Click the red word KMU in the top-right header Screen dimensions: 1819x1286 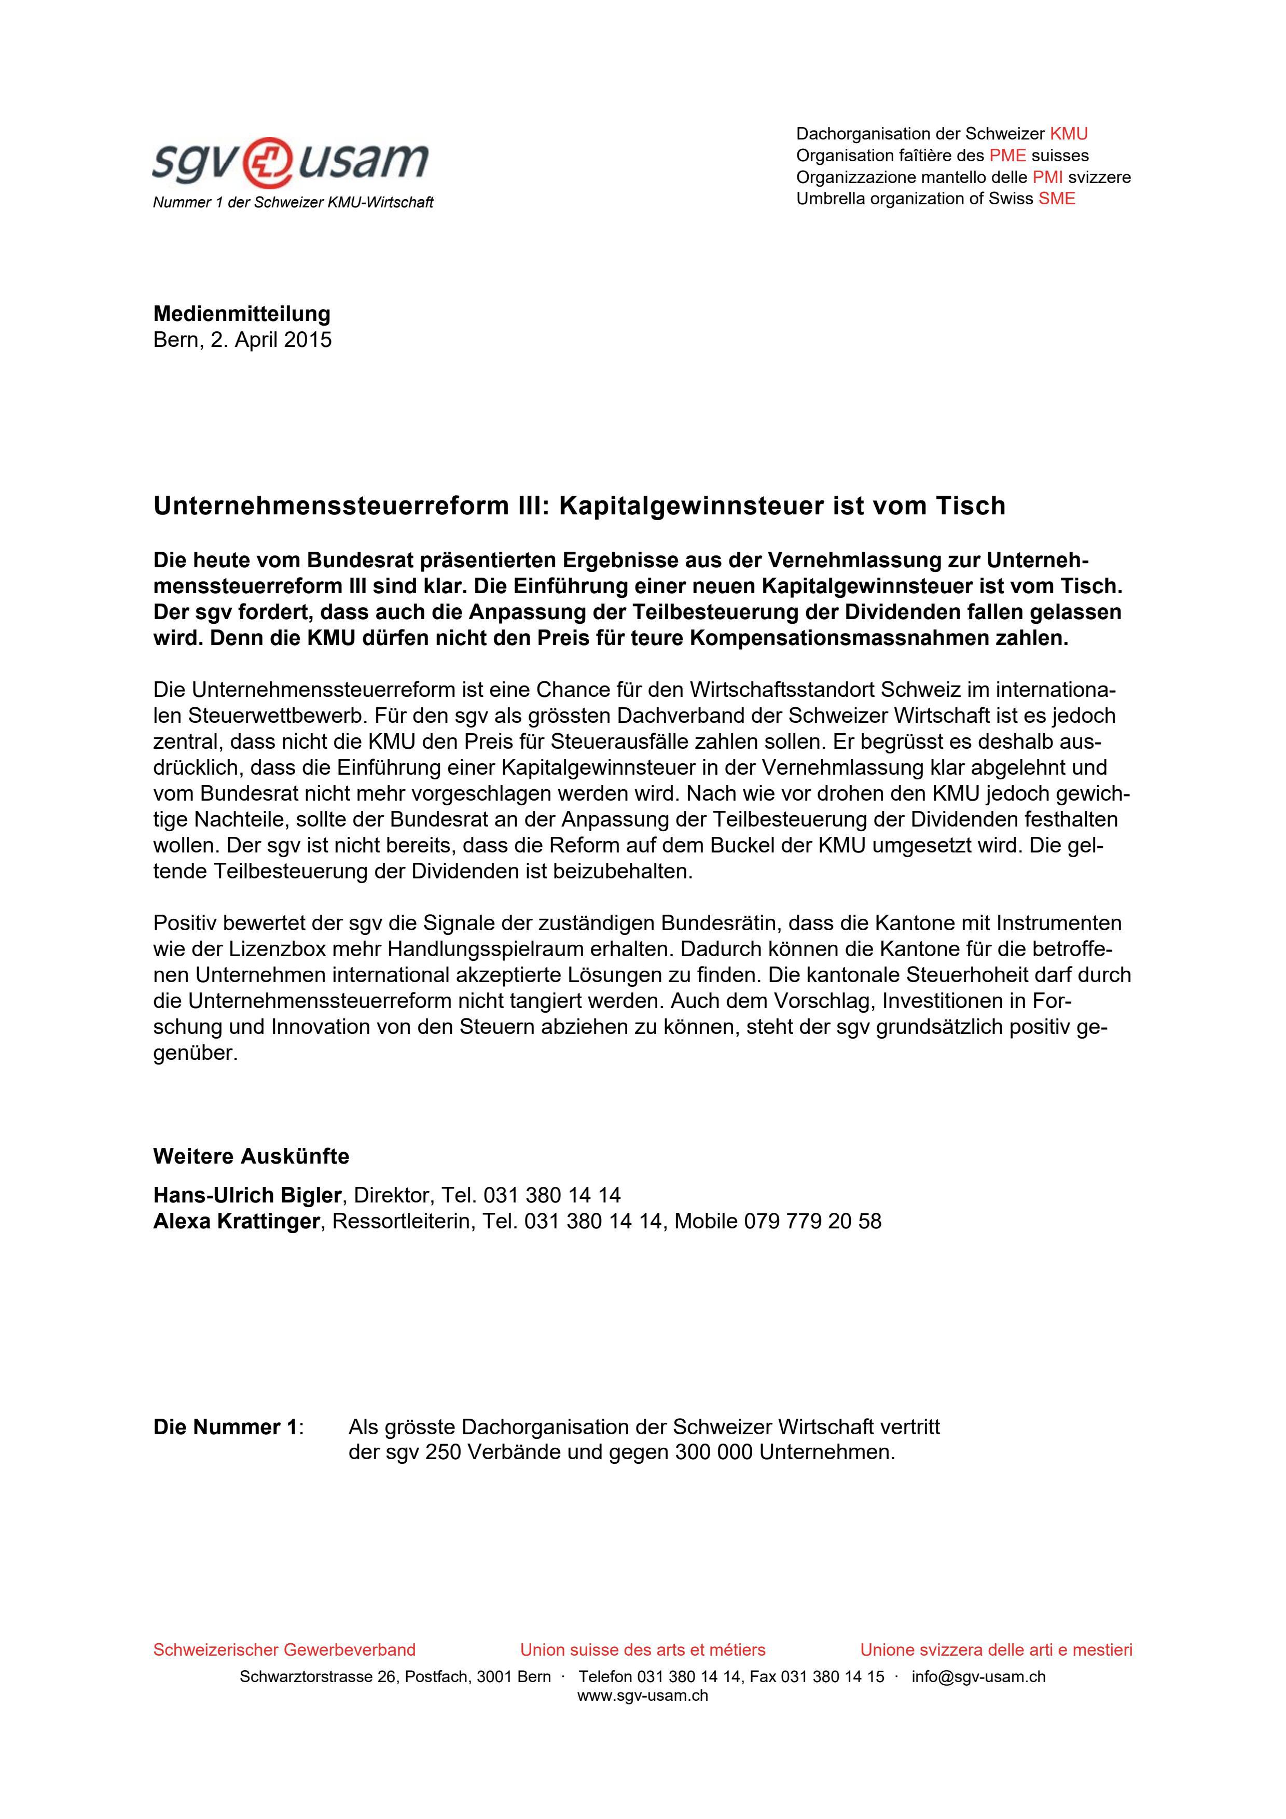click(x=1068, y=134)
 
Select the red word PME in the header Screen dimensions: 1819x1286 click(x=1007, y=155)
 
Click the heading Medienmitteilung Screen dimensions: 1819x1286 click(x=242, y=314)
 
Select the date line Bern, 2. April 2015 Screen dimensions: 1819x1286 click(x=242, y=340)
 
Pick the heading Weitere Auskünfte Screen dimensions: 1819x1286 click(x=251, y=1157)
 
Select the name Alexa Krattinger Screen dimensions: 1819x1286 click(x=236, y=1222)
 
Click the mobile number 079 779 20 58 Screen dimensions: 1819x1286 click(x=812, y=1222)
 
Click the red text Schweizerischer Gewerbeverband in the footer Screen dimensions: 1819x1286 click(x=284, y=1650)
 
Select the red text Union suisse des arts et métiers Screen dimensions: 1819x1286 click(x=643, y=1650)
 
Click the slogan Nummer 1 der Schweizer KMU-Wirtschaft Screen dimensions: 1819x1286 click(x=293, y=203)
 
